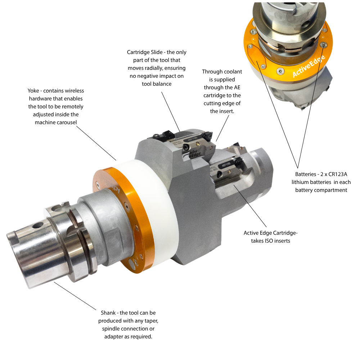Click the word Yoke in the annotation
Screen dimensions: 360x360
click(33, 91)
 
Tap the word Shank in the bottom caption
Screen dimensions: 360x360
click(108, 313)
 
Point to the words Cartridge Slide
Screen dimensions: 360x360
click(145, 52)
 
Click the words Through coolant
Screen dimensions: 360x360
click(222, 72)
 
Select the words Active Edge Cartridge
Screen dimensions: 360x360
click(270, 233)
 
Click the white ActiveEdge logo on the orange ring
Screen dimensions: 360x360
click(309, 66)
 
